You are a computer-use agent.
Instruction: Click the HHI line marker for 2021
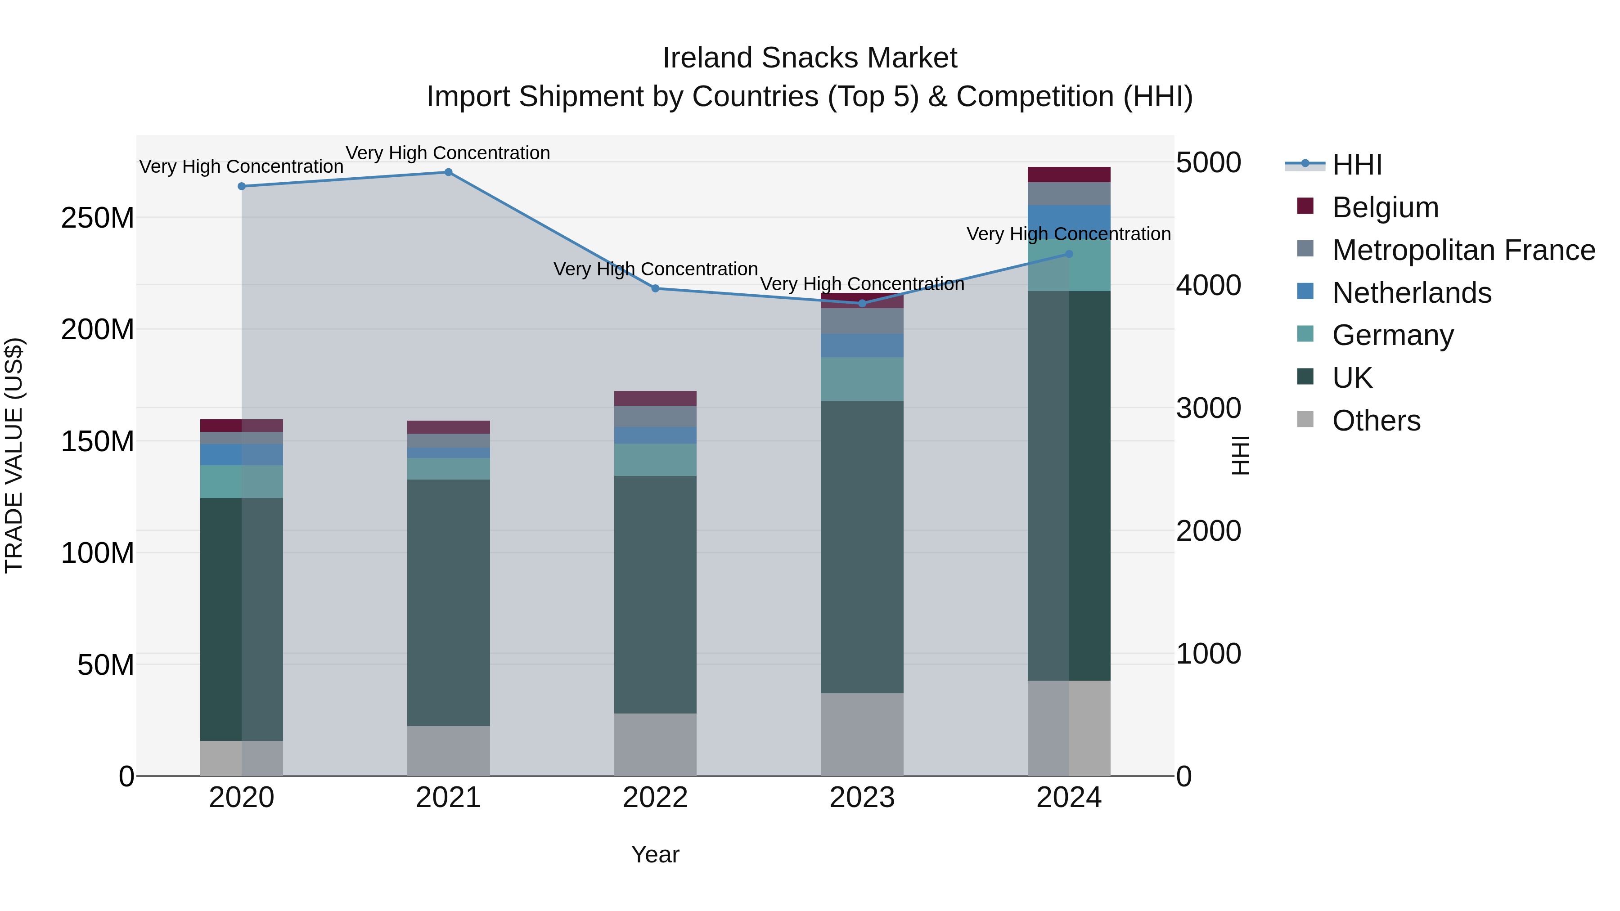448,172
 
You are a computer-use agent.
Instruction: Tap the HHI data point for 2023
862,304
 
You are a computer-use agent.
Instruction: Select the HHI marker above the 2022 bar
655,288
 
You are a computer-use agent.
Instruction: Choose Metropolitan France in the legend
1463,250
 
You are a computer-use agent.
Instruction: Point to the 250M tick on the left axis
98,218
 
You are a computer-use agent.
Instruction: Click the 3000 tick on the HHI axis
1208,408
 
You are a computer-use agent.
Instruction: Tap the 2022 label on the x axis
655,798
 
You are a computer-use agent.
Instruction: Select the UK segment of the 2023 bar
862,547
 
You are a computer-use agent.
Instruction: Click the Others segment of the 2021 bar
448,751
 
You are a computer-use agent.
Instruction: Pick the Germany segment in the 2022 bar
655,460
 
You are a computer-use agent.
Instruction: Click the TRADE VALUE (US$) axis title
14,455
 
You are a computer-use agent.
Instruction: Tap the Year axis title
655,854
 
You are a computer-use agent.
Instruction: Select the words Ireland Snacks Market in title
810,58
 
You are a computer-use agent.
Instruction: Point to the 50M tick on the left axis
106,664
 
